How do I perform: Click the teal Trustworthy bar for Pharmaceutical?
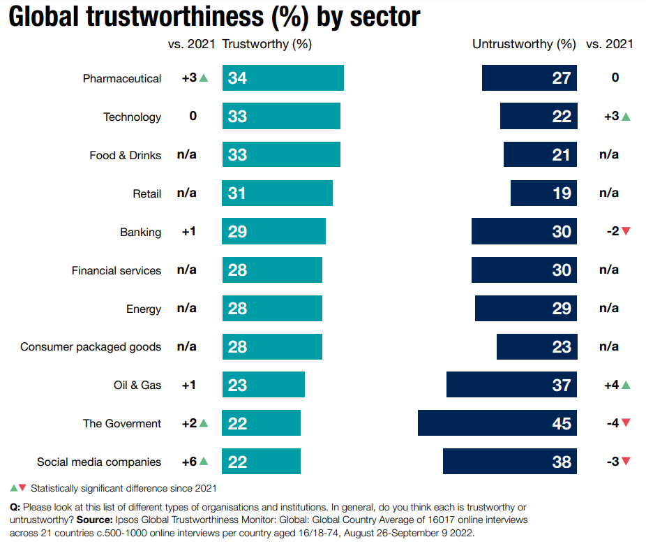click(x=283, y=78)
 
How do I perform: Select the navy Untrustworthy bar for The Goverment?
click(x=497, y=424)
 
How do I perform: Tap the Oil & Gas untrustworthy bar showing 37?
click(x=511, y=385)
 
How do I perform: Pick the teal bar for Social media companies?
click(x=261, y=462)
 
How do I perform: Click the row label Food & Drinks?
click(x=125, y=155)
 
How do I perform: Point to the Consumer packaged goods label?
click(x=91, y=347)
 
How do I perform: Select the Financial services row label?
click(x=116, y=270)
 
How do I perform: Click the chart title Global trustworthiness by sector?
click(x=214, y=17)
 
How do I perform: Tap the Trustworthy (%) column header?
click(x=266, y=44)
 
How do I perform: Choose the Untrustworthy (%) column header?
click(x=524, y=44)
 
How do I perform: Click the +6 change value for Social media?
click(x=189, y=462)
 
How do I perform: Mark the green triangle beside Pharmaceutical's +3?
click(x=204, y=78)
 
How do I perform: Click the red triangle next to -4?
click(x=626, y=423)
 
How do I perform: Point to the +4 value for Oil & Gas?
click(x=611, y=385)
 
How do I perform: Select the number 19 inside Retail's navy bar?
click(x=562, y=193)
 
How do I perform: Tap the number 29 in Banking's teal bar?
click(x=237, y=232)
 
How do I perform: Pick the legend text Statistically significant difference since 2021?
click(x=124, y=488)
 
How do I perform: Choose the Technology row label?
click(x=132, y=117)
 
